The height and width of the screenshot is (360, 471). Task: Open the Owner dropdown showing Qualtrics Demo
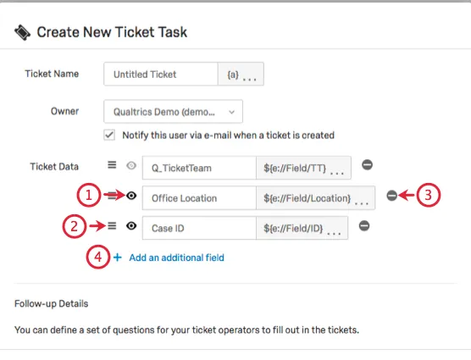click(174, 111)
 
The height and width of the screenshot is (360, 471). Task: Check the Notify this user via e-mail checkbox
click(109, 135)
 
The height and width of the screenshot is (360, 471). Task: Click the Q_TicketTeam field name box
click(198, 168)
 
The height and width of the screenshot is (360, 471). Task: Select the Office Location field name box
click(198, 198)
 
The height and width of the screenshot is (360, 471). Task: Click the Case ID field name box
click(198, 228)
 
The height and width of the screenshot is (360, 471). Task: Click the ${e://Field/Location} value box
click(314, 198)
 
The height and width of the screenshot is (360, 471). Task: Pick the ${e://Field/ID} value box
click(302, 228)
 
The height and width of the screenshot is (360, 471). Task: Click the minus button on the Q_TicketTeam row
click(367, 166)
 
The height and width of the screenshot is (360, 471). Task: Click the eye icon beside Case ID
click(131, 226)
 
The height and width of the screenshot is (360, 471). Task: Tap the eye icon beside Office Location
click(131, 197)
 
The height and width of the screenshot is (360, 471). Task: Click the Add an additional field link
click(176, 257)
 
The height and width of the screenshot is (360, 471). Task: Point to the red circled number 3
click(429, 195)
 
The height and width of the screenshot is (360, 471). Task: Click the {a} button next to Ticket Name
click(241, 75)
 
